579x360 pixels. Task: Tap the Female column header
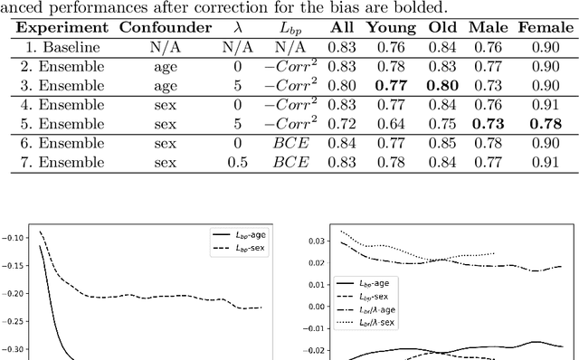pyautogui.click(x=546, y=27)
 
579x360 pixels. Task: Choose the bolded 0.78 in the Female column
pyautogui.click(x=546, y=124)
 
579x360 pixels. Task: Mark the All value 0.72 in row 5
pyautogui.click(x=341, y=124)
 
